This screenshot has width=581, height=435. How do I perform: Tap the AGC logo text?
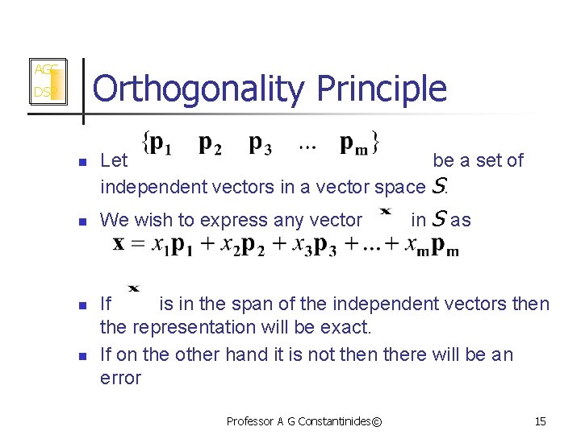[44, 70]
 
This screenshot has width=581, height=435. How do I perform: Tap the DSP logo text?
[43, 93]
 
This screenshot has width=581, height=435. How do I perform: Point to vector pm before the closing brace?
[355, 145]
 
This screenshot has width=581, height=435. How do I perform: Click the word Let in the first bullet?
[114, 160]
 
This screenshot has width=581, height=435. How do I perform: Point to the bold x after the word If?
[134, 288]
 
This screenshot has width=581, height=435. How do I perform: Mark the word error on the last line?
[120, 378]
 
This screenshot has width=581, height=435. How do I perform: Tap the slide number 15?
[540, 420]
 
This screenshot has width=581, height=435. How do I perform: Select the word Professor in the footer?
[250, 420]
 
